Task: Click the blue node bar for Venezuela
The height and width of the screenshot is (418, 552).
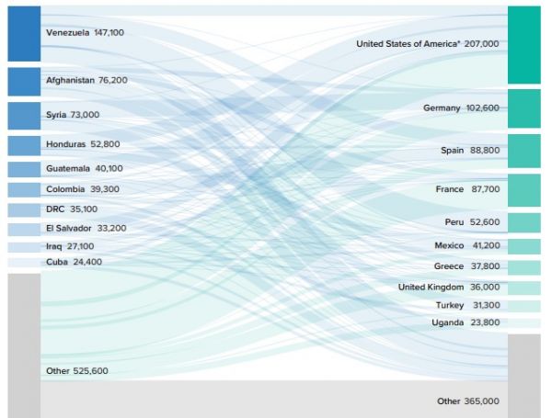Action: [24, 33]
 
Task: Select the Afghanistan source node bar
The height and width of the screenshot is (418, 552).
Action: [24, 81]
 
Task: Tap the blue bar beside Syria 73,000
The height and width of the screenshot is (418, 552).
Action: [24, 115]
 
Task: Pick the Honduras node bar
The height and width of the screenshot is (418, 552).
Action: [24, 145]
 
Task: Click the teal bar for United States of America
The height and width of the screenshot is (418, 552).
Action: [523, 44]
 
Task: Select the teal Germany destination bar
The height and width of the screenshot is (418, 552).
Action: [523, 108]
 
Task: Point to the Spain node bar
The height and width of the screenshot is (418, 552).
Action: [523, 150]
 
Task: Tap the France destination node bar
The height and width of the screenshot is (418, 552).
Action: [523, 189]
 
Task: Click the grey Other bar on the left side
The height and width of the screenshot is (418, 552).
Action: [24, 345]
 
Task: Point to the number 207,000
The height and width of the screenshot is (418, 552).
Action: [482, 44]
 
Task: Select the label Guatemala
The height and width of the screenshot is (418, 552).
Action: [69, 169]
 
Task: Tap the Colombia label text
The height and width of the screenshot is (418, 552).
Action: [66, 189]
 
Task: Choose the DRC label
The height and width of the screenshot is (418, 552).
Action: [55, 209]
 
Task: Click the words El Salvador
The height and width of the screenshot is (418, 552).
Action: [69, 228]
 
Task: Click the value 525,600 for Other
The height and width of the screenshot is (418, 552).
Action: [91, 371]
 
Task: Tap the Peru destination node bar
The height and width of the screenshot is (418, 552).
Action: [523, 222]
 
